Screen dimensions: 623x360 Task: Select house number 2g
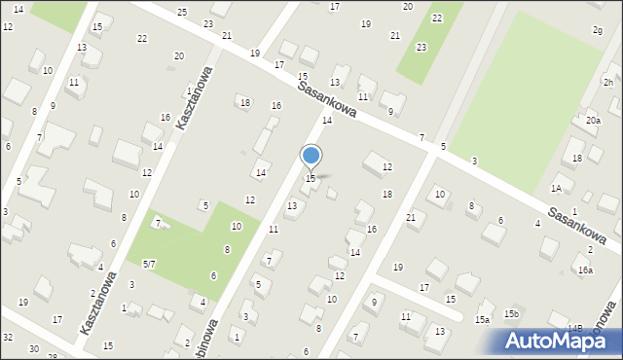(597, 30)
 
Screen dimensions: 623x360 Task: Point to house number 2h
(607, 83)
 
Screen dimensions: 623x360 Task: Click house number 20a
(593, 120)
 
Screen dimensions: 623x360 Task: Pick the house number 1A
(556, 189)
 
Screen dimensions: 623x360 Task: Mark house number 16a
(585, 270)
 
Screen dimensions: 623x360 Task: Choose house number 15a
(482, 319)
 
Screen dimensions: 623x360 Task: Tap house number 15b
(511, 314)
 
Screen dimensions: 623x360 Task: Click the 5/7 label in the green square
(149, 264)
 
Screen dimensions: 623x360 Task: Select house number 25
(182, 12)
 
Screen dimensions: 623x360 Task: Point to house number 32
(8, 337)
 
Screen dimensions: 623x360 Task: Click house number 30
(34, 348)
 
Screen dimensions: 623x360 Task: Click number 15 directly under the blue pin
(311, 178)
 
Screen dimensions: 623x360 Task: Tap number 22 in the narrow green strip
(437, 18)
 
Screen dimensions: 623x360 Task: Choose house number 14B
(576, 329)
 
